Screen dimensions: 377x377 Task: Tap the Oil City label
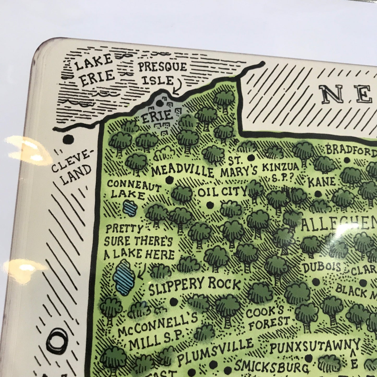(x=222, y=192)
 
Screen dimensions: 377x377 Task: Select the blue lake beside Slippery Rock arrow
(x=124, y=278)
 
